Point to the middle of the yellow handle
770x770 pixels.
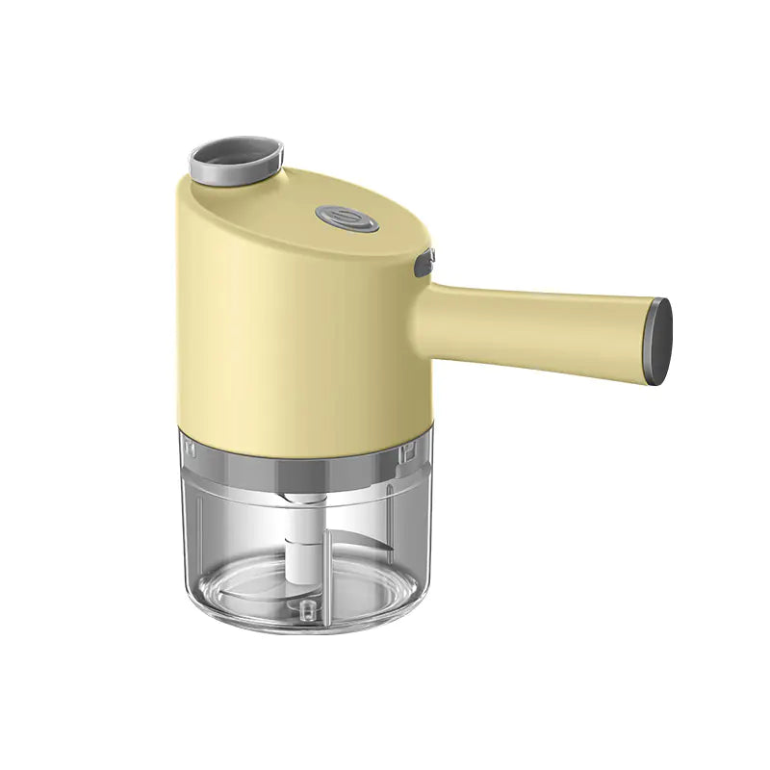pyautogui.click(x=539, y=321)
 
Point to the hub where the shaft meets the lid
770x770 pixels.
pyautogui.click(x=300, y=500)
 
